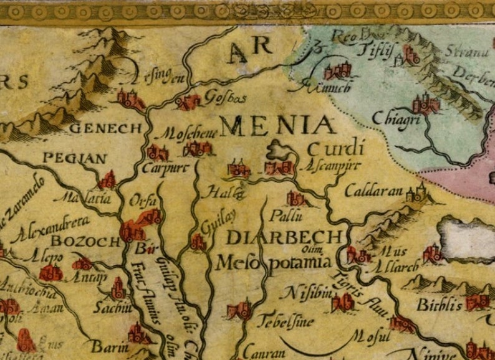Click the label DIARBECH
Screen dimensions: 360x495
[284, 237]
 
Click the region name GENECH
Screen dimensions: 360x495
[107, 128]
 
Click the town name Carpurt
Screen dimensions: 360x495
[165, 168]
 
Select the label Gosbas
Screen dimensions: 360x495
[226, 98]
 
